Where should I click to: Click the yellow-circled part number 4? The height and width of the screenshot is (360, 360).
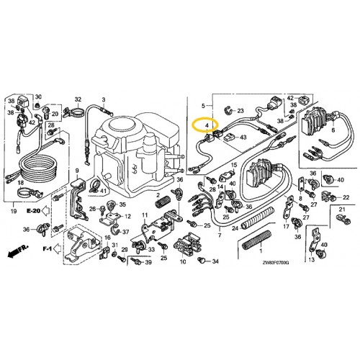[207, 125]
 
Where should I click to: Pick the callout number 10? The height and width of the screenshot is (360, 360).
[182, 262]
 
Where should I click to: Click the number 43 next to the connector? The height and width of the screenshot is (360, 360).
[243, 137]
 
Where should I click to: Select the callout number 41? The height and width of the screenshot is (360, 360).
[104, 191]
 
